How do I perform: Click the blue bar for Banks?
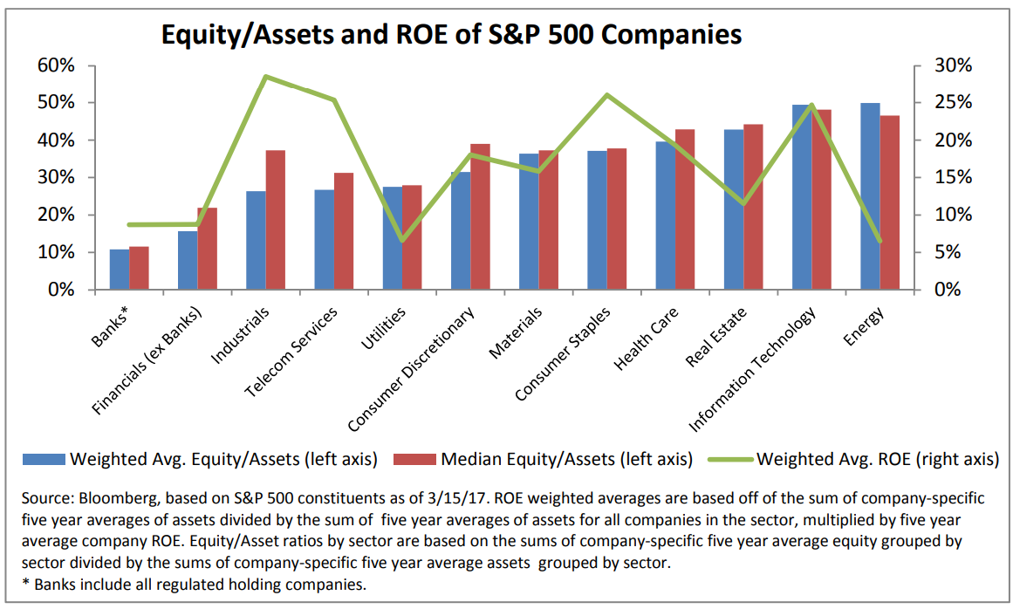coord(120,270)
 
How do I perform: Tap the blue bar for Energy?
coord(870,196)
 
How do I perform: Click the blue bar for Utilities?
coord(393,238)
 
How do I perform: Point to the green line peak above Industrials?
coord(265,77)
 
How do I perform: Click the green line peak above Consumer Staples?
coord(607,95)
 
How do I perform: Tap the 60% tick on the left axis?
coord(57,65)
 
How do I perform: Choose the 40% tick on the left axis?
coord(57,140)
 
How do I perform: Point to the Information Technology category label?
coord(752,370)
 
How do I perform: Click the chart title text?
coord(451,34)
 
